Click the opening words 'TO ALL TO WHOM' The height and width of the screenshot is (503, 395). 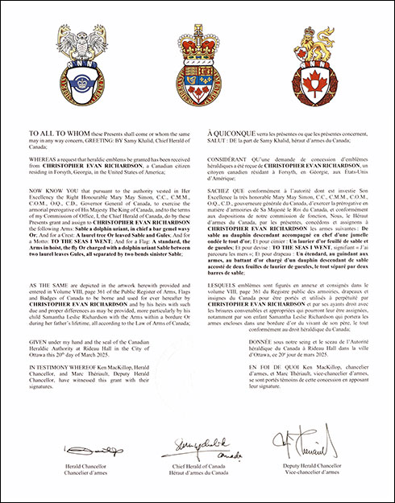[x=55, y=130]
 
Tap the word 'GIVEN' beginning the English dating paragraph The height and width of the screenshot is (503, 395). [x=39, y=339]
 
